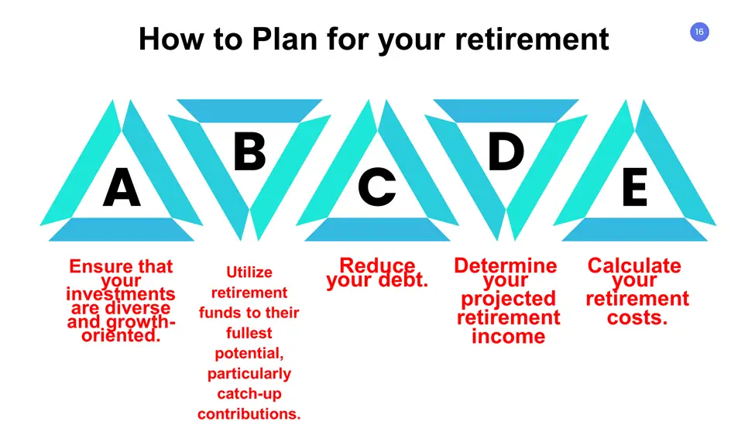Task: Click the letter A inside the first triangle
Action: click(x=122, y=187)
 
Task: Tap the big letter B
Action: click(x=249, y=151)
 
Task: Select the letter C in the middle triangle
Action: click(x=377, y=187)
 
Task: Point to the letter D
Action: click(x=506, y=151)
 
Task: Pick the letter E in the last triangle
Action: click(x=635, y=187)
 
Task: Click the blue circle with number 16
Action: click(x=699, y=32)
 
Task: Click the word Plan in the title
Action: click(x=284, y=39)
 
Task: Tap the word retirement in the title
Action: click(x=531, y=39)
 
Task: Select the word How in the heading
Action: click(x=171, y=39)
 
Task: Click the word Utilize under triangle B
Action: click(x=249, y=272)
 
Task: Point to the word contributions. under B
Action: click(x=249, y=414)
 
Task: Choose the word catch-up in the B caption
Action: click(x=249, y=394)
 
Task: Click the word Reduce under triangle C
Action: click(x=377, y=265)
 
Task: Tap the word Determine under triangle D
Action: click(x=506, y=266)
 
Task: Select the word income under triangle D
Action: click(x=508, y=337)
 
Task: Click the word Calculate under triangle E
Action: click(x=634, y=266)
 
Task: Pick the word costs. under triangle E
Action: click(x=637, y=317)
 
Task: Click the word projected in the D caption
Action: click(x=508, y=299)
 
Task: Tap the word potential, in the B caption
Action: click(x=249, y=354)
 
